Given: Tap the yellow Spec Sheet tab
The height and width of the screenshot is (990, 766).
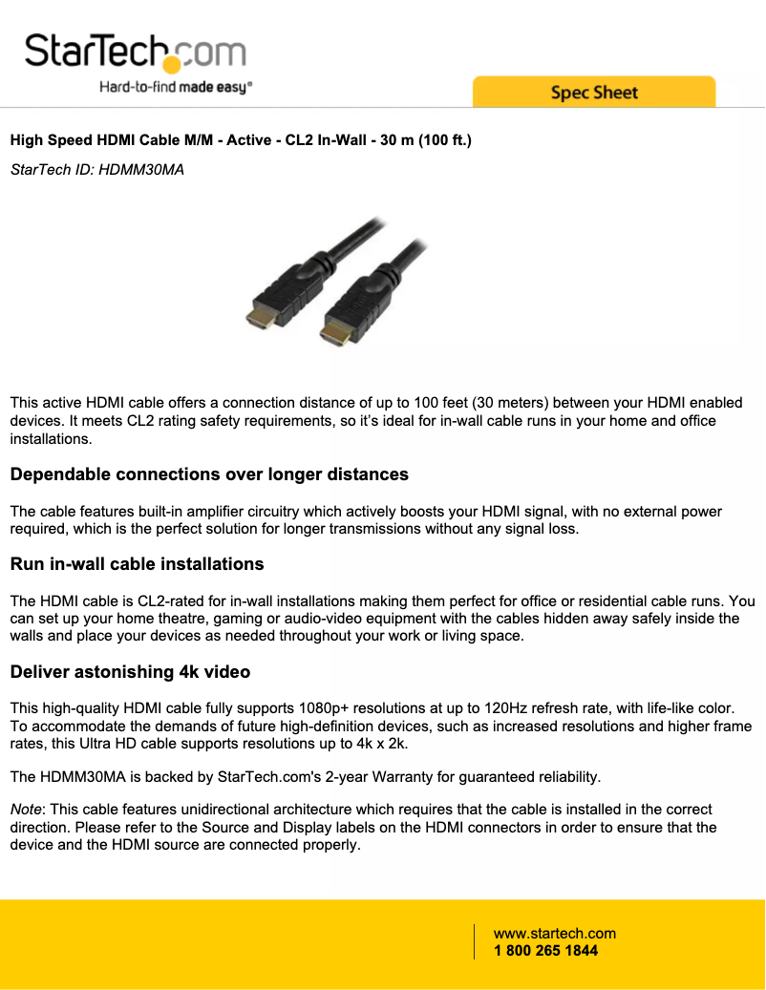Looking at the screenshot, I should (x=593, y=93).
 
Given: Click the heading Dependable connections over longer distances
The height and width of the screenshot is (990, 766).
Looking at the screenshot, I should (x=209, y=474).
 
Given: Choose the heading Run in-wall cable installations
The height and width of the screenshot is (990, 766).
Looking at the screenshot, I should (x=137, y=564).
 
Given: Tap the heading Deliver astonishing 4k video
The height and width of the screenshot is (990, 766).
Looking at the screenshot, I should (x=130, y=672).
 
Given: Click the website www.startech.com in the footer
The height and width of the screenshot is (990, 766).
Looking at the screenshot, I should (x=554, y=934).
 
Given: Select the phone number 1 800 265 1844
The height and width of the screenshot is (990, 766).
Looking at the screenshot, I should (x=545, y=951).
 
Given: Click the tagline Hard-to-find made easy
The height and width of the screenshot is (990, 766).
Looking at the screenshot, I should (x=176, y=88).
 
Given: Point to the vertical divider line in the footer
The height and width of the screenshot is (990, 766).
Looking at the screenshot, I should (x=475, y=941).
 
